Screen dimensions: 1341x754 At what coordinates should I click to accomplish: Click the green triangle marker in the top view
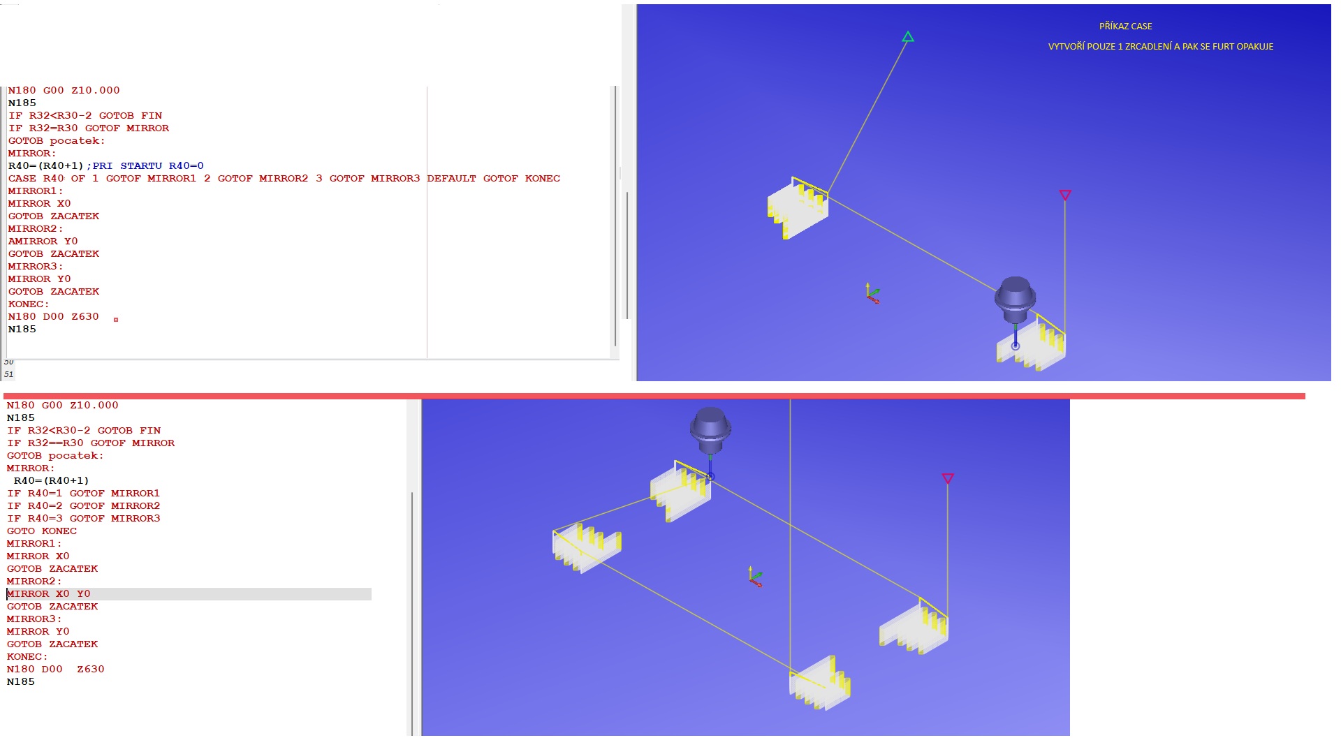tap(908, 37)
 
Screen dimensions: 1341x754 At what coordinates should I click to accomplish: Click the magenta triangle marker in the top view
tap(1065, 195)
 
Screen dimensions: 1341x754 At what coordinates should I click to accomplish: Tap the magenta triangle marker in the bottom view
tap(948, 478)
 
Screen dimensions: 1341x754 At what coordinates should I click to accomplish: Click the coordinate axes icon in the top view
tap(872, 293)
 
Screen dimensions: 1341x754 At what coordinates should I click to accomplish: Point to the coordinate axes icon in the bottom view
tap(754, 577)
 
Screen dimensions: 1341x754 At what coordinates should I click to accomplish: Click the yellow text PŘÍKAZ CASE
tap(1126, 27)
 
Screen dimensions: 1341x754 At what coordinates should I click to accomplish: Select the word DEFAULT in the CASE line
tap(451, 179)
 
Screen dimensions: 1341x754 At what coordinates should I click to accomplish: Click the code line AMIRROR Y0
tap(43, 242)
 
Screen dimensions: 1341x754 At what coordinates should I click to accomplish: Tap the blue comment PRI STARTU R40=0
tap(148, 166)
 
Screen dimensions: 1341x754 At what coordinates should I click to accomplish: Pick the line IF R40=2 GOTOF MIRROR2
tap(84, 506)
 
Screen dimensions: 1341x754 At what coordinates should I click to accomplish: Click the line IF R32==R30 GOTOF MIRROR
tap(91, 443)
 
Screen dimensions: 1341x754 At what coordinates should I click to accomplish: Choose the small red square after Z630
tap(116, 320)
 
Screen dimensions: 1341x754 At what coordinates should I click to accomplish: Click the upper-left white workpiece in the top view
tap(798, 207)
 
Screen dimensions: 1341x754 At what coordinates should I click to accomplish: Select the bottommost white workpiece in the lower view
tap(820, 683)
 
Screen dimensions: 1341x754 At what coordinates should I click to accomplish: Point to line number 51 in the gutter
tap(8, 375)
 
